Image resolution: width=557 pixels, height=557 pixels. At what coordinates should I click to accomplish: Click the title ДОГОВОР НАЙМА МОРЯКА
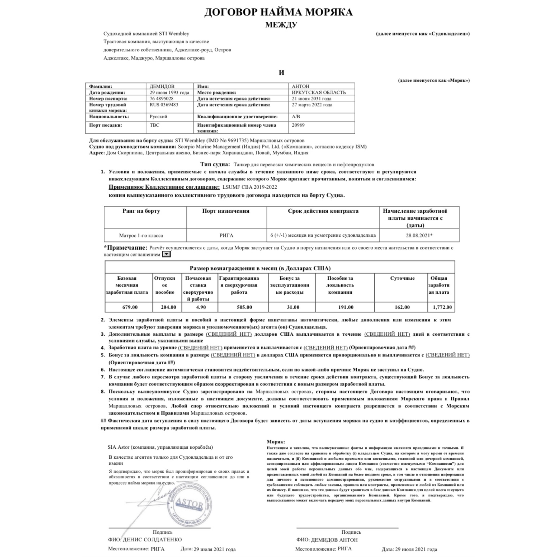click(x=278, y=12)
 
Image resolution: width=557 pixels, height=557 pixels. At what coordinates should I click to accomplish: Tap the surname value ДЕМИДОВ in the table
click(x=162, y=86)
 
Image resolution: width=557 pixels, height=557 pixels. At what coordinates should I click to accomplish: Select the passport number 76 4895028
click(x=162, y=98)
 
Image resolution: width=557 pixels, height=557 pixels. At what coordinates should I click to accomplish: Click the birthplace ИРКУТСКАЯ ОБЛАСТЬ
click(x=319, y=92)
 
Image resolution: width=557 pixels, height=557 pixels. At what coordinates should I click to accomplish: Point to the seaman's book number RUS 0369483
click(x=164, y=105)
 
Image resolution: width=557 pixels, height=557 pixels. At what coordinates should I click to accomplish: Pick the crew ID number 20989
click(x=298, y=125)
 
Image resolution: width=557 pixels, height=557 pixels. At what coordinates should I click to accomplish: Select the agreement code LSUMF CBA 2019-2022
click(x=250, y=187)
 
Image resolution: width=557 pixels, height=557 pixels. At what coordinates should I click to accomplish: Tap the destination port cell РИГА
click(x=226, y=235)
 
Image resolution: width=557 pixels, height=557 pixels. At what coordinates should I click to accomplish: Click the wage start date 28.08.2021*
click(x=419, y=235)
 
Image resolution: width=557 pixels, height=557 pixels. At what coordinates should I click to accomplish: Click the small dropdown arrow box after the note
click(x=166, y=254)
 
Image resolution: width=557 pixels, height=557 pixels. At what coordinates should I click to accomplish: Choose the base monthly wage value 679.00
click(x=130, y=307)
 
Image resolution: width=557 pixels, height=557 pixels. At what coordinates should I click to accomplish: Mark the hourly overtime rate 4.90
click(x=201, y=307)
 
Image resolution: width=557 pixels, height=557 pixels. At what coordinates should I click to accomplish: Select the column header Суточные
click(x=402, y=278)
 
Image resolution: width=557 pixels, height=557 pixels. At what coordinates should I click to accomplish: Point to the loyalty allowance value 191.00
click(x=346, y=307)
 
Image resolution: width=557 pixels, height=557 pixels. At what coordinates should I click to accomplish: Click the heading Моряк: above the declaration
click(x=276, y=441)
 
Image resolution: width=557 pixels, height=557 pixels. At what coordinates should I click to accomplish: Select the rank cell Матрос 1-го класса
click(x=141, y=235)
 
